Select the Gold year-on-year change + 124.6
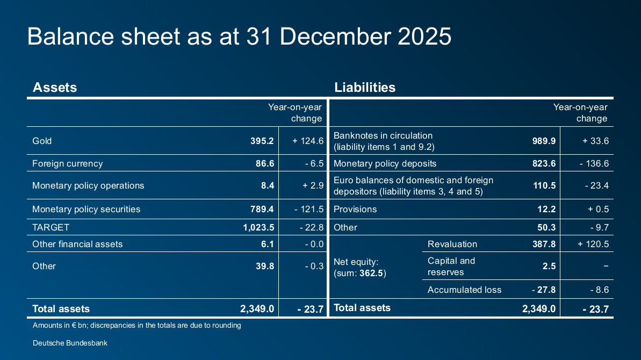(x=308, y=141)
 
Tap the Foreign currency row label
(x=67, y=163)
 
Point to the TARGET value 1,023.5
(x=258, y=227)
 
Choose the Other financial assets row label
(x=77, y=244)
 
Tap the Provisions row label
(x=355, y=209)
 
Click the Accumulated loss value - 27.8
(x=543, y=290)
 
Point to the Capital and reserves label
(x=451, y=267)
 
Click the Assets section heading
(x=55, y=87)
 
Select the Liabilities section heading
(x=365, y=87)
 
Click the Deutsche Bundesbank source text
(x=70, y=342)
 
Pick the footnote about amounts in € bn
(x=136, y=325)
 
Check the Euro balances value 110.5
(x=544, y=185)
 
